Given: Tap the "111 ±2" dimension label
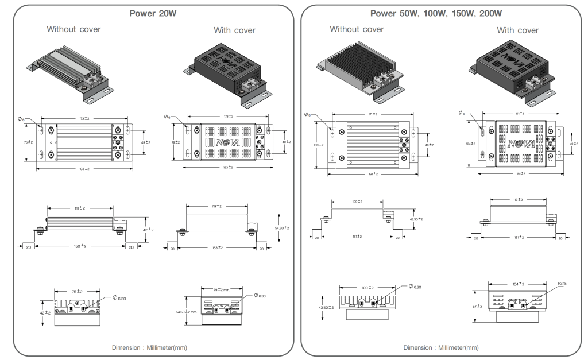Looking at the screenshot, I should click(x=80, y=208).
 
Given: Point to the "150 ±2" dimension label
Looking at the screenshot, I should click(x=80, y=246).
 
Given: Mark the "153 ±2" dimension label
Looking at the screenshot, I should click(x=216, y=248).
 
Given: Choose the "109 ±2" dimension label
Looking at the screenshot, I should click(x=358, y=202).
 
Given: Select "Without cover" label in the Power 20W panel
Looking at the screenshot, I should click(x=73, y=29).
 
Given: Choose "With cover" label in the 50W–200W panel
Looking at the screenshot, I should click(x=518, y=30).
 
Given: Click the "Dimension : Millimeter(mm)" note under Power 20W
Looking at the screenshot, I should click(x=149, y=347).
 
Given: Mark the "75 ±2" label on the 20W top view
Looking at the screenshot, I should click(x=28, y=142).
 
